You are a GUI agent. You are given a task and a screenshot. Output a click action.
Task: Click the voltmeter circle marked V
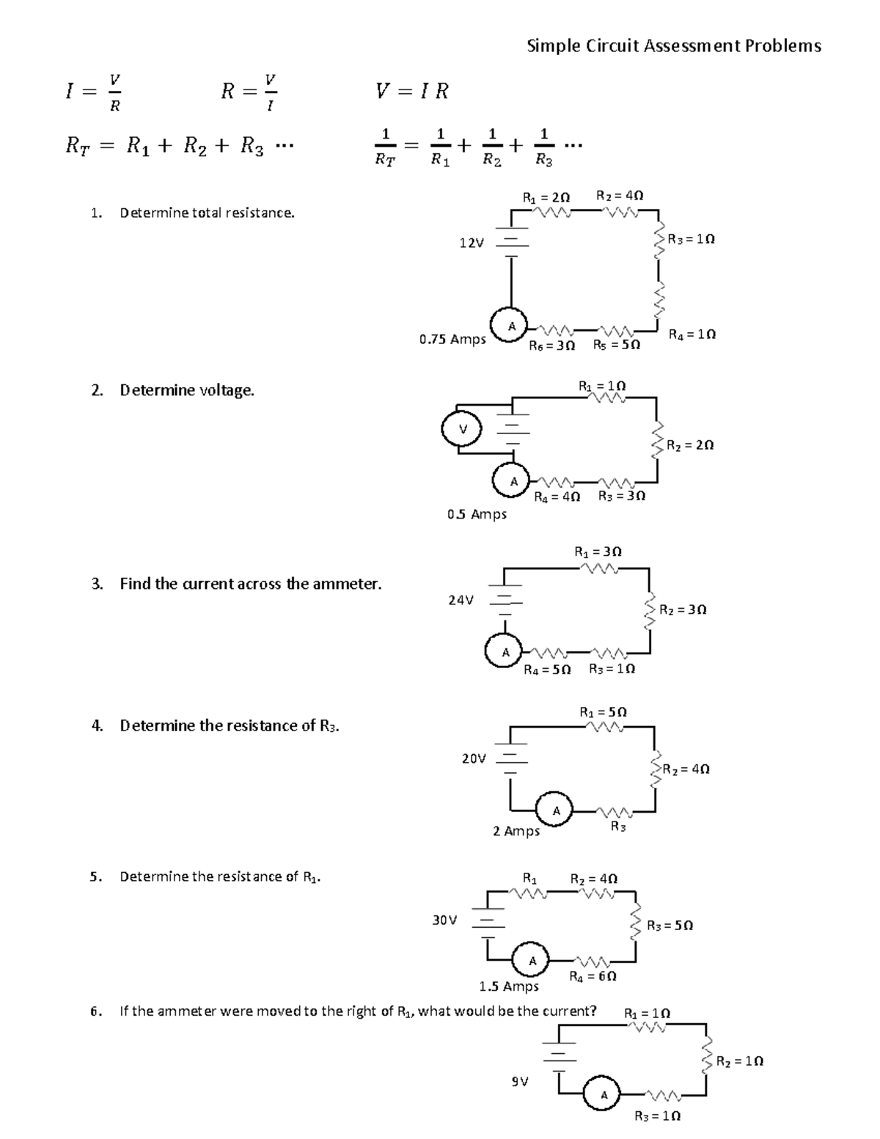[x=462, y=430]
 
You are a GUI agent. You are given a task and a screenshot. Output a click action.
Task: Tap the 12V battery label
[x=471, y=243]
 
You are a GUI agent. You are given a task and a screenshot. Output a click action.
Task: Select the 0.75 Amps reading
[x=452, y=340]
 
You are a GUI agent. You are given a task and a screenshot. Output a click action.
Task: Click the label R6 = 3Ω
[x=551, y=345]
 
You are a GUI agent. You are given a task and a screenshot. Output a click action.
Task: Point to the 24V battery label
[x=461, y=600]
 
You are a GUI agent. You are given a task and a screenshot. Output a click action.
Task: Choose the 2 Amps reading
[x=516, y=831]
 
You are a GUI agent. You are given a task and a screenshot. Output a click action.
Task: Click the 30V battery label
[x=445, y=919]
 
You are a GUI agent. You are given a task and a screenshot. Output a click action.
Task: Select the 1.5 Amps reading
[x=509, y=986]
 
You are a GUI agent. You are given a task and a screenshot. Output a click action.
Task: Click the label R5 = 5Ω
[x=617, y=344]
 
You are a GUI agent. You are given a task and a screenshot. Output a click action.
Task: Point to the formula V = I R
[x=411, y=91]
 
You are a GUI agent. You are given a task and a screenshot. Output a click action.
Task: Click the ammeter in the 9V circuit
[x=604, y=1096]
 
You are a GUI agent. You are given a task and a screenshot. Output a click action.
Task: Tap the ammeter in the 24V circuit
[x=504, y=651]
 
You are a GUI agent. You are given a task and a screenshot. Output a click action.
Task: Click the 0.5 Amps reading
[x=477, y=514]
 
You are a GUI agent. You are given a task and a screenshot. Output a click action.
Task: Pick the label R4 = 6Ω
[x=593, y=976]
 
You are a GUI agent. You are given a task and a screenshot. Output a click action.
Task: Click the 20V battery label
[x=474, y=758]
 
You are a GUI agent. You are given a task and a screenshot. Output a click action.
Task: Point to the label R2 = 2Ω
[x=690, y=445]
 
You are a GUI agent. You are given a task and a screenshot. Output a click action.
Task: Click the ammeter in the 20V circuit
[x=556, y=810]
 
